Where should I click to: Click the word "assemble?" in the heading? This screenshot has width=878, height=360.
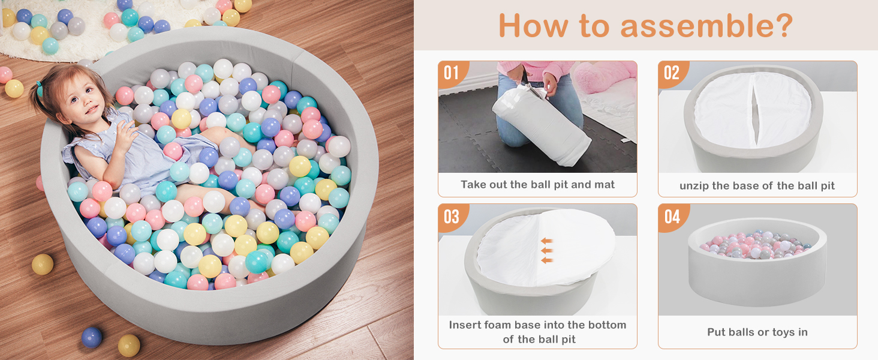[x=706, y=26]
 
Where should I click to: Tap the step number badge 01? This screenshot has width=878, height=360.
[x=451, y=73]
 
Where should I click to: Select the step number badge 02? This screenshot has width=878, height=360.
[x=672, y=73]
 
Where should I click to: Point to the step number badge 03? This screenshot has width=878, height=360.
[x=451, y=217]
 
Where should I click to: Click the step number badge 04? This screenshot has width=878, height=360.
[x=672, y=217]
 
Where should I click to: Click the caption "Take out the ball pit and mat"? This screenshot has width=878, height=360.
[x=537, y=185]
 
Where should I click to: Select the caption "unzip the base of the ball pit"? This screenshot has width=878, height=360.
[x=757, y=185]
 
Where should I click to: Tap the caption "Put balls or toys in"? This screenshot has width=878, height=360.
[x=757, y=332]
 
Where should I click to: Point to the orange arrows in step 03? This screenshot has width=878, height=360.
[x=547, y=250]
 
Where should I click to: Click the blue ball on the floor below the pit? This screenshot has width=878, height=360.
[x=92, y=337]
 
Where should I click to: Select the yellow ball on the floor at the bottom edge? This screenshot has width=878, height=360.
[x=129, y=346]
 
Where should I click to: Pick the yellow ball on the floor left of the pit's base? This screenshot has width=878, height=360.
[x=43, y=265]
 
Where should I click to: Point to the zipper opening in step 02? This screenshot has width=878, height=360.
[x=755, y=110]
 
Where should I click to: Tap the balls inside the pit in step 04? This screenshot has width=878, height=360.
[x=755, y=245]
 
